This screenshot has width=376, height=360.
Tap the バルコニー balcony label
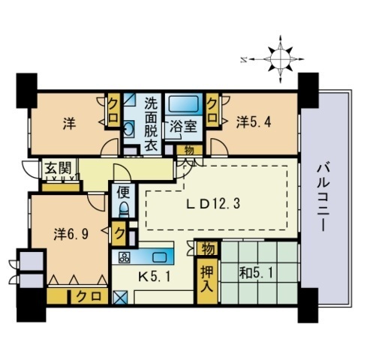click(x=325, y=197)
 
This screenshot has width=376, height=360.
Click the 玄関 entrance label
click(x=53, y=169)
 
